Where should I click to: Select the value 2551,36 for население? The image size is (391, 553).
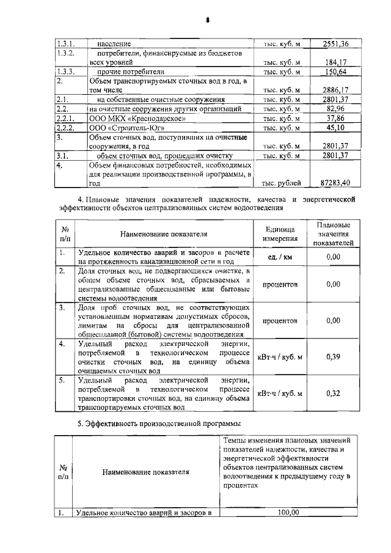pyautogui.click(x=337, y=44)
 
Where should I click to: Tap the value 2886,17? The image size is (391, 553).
pyautogui.click(x=337, y=90)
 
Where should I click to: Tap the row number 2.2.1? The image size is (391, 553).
pyautogui.click(x=65, y=118)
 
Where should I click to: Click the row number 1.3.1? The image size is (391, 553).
pyautogui.click(x=65, y=44)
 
